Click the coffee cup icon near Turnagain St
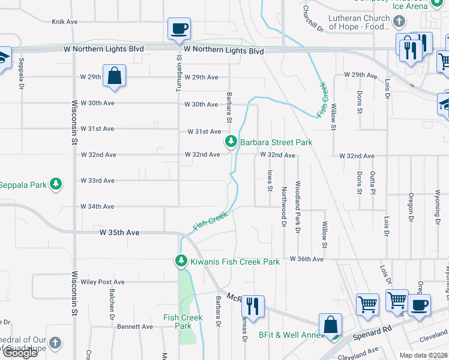click(179, 29)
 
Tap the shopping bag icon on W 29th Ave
click(114, 76)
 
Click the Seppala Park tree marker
click(55, 184)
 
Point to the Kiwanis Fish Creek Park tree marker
click(181, 262)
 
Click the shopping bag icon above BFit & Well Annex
click(330, 326)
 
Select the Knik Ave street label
click(65, 22)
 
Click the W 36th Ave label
click(307, 259)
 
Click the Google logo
click(20, 353)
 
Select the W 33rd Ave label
click(98, 181)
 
